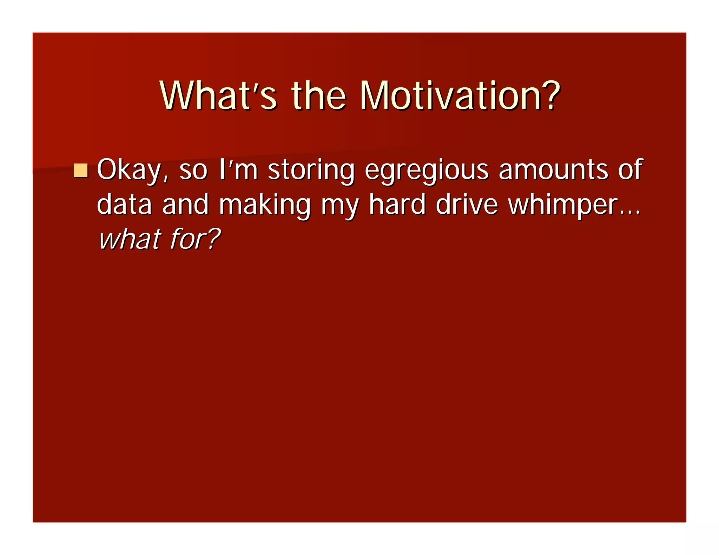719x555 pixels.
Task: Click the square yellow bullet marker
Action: (81, 170)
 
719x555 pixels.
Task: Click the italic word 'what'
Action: (130, 239)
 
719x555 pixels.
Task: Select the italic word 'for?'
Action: (195, 239)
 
